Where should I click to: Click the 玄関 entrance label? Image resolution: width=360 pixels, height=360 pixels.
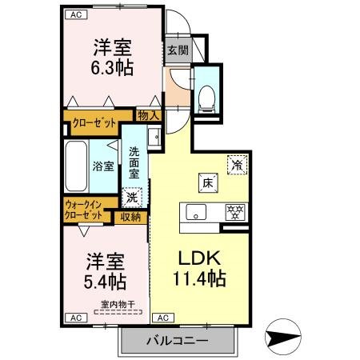click(177, 50)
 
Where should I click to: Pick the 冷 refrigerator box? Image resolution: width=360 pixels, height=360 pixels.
click(238, 163)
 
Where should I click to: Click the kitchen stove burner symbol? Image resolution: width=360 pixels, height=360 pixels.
click(234, 212)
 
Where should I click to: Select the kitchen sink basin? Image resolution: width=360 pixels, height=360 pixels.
click(194, 212)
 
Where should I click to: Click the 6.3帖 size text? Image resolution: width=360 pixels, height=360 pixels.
click(113, 68)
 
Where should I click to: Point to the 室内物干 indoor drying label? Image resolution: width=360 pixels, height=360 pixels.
click(115, 303)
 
